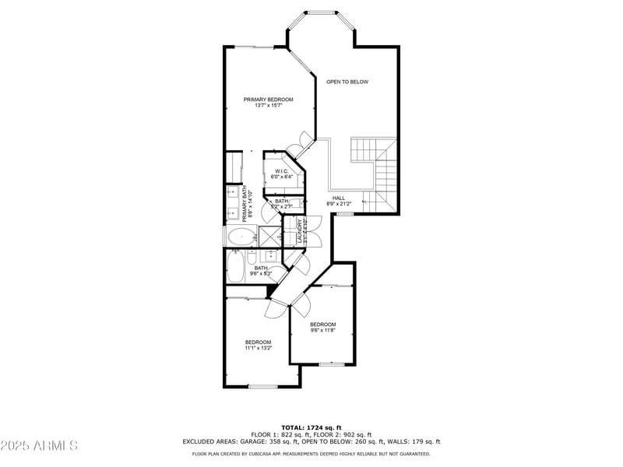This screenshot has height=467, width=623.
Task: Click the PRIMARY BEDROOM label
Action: tap(268, 100)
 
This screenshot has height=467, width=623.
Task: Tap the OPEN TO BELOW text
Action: tap(347, 82)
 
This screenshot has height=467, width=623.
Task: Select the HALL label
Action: tap(339, 198)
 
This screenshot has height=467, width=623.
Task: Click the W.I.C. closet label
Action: tap(281, 171)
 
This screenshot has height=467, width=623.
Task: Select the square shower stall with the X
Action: tap(269, 237)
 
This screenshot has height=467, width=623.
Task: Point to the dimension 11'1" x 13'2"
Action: tap(258, 348)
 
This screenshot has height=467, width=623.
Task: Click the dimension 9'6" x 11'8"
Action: tap(322, 330)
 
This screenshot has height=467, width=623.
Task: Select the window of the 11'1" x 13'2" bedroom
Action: tap(262, 386)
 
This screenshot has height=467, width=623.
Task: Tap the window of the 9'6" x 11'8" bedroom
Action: tap(332, 364)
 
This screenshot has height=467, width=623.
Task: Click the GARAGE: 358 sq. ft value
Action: tap(269, 441)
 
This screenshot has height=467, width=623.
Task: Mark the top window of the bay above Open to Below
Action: tap(322, 12)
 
